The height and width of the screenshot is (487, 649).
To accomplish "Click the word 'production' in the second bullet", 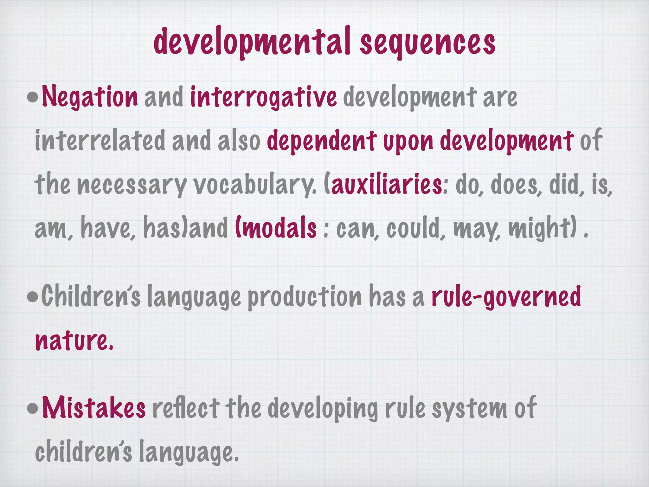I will pos(304,297).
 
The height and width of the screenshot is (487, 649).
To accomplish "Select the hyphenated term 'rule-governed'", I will pos(506,296).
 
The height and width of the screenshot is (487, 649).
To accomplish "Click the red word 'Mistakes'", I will pos(94,408).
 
